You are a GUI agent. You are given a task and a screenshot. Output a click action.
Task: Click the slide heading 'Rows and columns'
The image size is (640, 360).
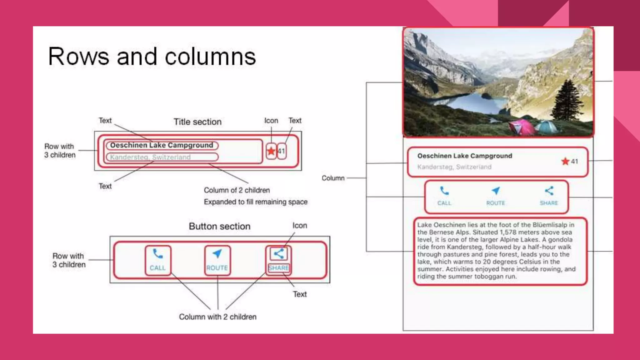(152, 57)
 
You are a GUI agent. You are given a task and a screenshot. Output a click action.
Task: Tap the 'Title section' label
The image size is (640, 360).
(197, 122)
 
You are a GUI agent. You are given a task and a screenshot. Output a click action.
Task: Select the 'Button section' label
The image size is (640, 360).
(219, 226)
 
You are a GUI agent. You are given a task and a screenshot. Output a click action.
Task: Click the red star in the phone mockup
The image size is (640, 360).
(565, 161)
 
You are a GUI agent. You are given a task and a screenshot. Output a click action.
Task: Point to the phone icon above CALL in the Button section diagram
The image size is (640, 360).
(158, 254)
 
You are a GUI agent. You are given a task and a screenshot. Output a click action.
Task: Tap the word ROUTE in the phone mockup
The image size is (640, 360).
(496, 203)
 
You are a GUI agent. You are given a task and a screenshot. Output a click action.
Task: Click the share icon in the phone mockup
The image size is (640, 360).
(549, 191)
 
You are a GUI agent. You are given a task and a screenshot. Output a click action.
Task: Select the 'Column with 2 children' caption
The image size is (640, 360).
(217, 317)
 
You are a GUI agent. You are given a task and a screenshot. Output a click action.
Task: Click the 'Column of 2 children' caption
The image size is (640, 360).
(237, 190)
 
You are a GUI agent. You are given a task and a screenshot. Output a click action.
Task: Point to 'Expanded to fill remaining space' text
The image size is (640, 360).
(256, 202)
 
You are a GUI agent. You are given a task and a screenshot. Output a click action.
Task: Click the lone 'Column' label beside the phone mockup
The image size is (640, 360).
(333, 178)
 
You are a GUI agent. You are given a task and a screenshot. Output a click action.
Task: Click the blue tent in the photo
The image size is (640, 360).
(547, 126)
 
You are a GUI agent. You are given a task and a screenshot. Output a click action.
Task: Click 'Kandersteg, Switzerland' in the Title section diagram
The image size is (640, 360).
(150, 157)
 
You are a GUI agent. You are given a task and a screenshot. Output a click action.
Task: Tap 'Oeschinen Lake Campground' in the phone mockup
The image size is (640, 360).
(465, 156)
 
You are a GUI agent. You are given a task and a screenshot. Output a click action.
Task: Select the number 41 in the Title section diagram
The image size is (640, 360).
(281, 151)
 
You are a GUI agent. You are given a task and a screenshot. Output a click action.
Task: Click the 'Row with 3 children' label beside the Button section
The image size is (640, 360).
(69, 260)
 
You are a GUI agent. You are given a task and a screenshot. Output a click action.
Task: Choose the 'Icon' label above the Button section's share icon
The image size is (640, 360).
(300, 226)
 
